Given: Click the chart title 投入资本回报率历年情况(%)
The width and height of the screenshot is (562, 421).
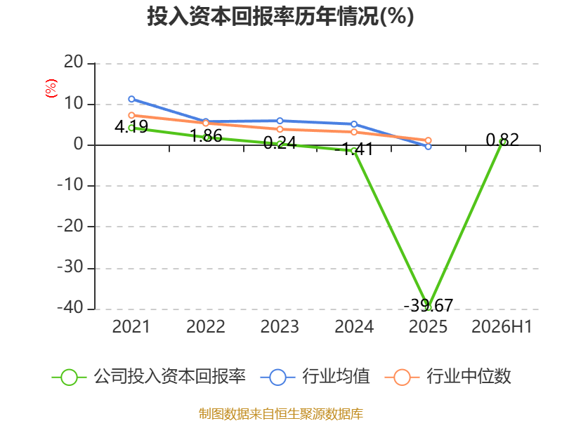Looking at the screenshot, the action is pos(280,16).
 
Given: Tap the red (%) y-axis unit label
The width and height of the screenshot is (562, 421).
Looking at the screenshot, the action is pos(51,88).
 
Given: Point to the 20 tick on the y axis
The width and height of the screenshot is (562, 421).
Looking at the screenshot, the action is pos(74,62).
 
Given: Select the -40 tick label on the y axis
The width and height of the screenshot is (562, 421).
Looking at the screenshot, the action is pos(70,307).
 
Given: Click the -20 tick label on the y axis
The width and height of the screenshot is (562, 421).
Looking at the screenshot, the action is pos(70,226).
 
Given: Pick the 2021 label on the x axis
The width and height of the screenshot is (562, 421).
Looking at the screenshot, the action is pos(131,326).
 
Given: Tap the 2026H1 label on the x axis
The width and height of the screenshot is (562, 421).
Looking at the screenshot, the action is pos(502,326).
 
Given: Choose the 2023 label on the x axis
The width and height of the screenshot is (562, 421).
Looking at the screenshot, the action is pos(280,326).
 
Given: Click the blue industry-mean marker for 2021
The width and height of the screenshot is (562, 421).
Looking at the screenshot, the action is pos(131,99).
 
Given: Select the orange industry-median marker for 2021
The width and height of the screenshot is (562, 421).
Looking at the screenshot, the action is pos(131,115).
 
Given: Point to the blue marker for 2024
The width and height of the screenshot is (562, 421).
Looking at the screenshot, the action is pos(354,124).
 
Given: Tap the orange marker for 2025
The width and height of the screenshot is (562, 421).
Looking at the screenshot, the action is pos(428,140).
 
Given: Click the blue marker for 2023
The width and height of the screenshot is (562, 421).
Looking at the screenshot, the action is pos(280,121).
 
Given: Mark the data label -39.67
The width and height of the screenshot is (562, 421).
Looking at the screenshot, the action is pos(429,305).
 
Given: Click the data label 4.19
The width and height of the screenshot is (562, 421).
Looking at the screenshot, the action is pos(131,126).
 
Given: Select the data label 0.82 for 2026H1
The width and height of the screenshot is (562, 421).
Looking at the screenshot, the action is pos(502,140).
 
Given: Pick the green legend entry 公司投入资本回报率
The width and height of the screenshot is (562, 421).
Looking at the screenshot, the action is pos(149,377).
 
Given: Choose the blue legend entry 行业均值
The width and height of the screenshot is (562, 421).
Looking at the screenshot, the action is pos(315,377).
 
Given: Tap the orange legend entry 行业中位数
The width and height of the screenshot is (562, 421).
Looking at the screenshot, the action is pos(447,377).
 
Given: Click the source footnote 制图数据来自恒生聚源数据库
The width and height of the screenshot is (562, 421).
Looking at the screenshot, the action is pos(280,414).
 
